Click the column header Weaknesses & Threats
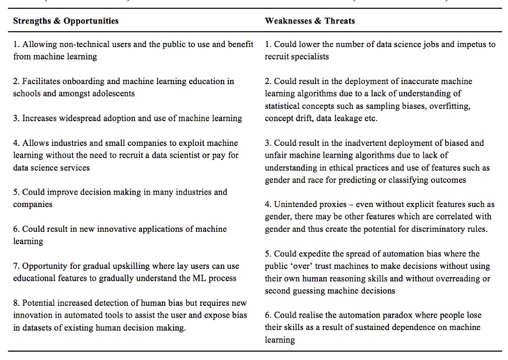point(310,21)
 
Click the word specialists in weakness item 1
point(308,56)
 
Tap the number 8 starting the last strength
point(15,303)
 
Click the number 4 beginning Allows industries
point(15,143)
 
